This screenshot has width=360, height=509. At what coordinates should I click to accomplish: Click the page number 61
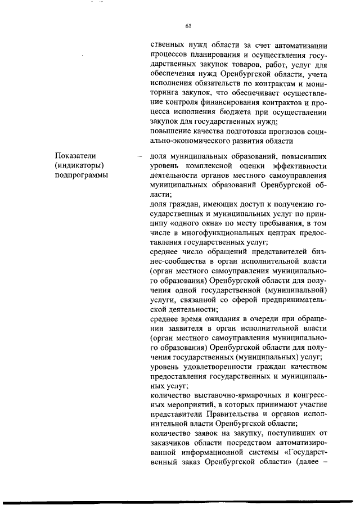188,25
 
